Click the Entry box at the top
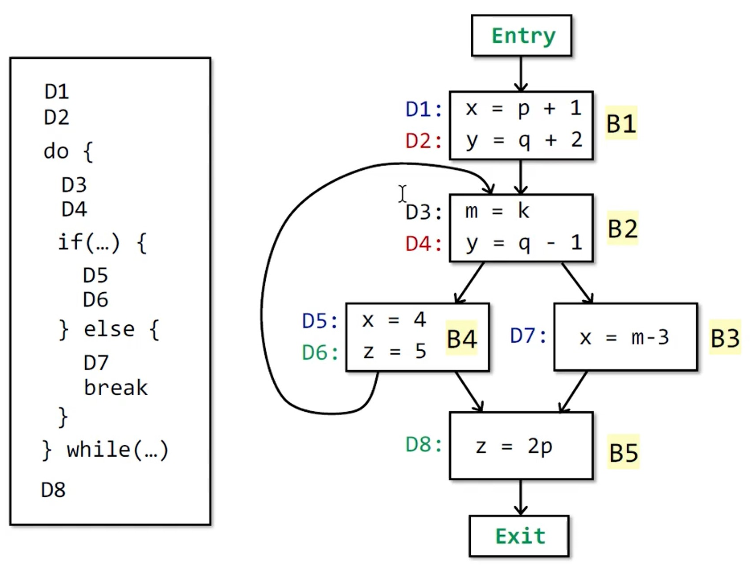tap(521, 35)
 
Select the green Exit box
tap(519, 536)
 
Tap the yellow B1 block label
tap(621, 123)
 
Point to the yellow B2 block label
tap(622, 228)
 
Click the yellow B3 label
tap(725, 338)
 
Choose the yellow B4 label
tap(462, 339)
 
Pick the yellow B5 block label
tap(623, 452)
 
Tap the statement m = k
tap(497, 211)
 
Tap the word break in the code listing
tap(115, 388)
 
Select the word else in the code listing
tap(109, 329)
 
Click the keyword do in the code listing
tap(56, 151)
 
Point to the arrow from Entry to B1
tap(521, 73)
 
